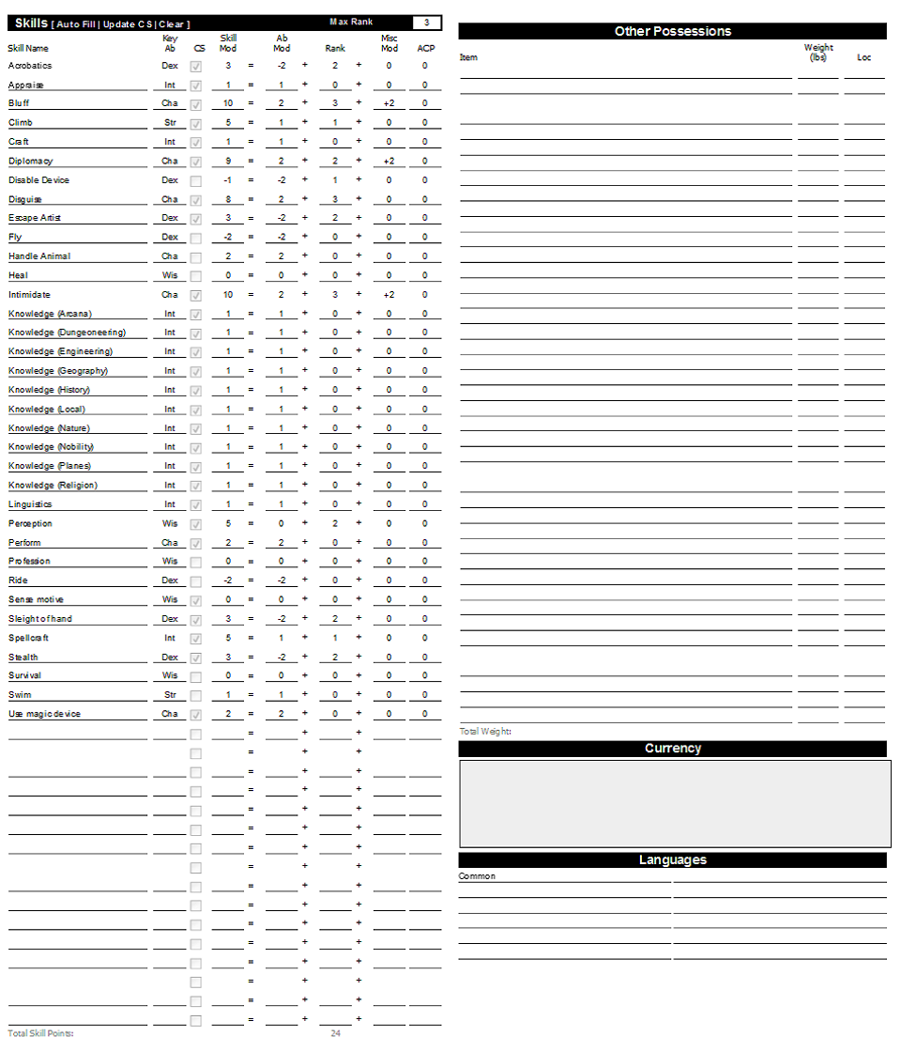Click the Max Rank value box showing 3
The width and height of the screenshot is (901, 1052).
point(426,23)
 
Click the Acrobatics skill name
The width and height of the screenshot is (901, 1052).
point(30,66)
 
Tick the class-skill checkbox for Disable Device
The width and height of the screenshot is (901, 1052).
point(196,180)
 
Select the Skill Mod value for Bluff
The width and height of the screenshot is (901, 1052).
point(228,103)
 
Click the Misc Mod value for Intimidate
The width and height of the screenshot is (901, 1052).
point(389,295)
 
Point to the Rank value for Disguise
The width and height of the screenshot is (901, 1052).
point(335,199)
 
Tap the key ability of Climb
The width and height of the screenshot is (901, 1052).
point(170,123)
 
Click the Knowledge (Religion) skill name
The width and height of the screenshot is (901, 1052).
point(53,486)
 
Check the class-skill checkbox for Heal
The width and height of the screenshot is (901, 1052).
point(196,276)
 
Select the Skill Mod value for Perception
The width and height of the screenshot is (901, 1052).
point(228,524)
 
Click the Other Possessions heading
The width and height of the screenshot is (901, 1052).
point(672,31)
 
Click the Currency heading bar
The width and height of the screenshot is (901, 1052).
point(672,749)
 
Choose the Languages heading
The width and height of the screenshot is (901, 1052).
point(672,860)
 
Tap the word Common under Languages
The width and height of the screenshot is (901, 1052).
point(477,876)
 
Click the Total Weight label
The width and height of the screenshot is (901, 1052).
point(485,731)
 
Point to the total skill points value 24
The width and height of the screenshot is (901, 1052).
point(335,1033)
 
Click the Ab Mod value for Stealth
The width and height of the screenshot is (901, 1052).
point(282,657)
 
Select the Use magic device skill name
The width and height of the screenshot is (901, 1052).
point(45,715)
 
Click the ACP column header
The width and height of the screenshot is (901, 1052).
point(425,48)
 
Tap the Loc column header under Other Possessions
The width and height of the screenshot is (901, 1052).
point(863,57)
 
